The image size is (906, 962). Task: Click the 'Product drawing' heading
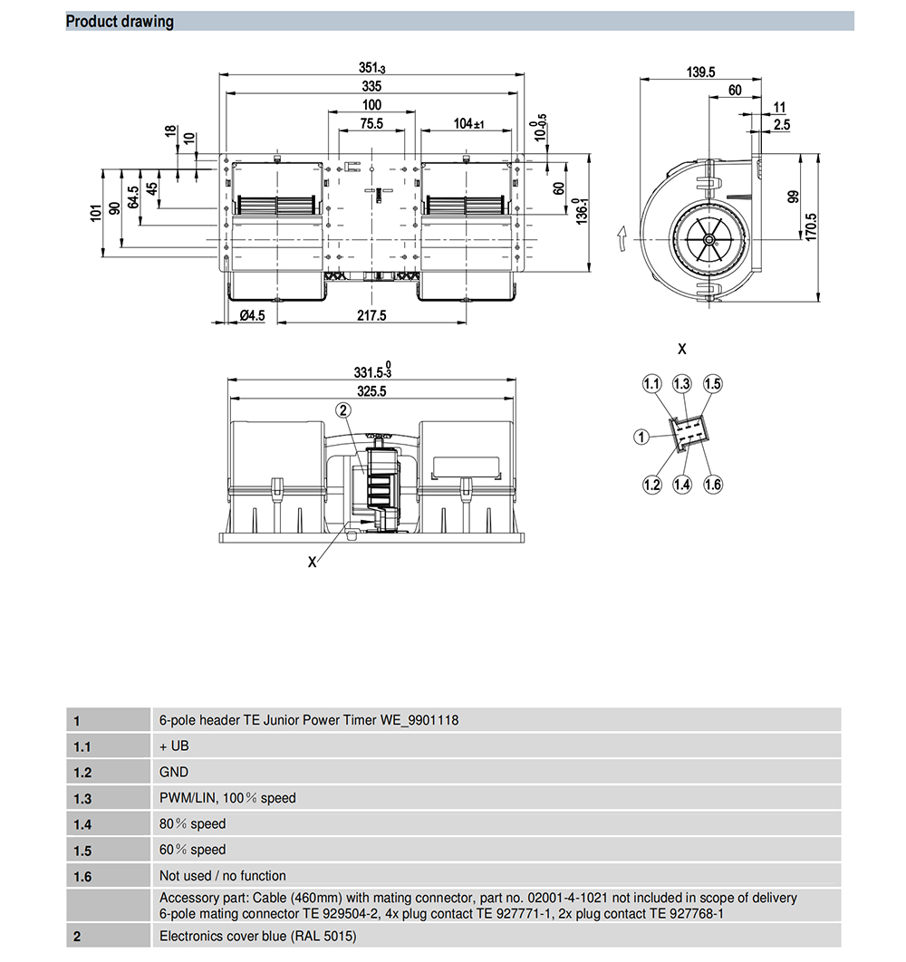click(x=120, y=21)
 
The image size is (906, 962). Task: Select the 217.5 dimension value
click(x=371, y=315)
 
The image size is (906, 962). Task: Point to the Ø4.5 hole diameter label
click(x=252, y=315)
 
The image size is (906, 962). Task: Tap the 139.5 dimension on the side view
click(x=700, y=72)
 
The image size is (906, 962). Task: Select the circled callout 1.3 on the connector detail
click(x=682, y=384)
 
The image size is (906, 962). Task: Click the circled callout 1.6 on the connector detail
click(x=713, y=485)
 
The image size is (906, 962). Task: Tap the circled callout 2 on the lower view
click(x=343, y=410)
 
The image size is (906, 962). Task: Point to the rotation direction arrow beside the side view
click(x=622, y=237)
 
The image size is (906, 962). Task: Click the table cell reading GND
click(x=174, y=772)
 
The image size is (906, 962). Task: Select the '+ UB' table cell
click(x=174, y=746)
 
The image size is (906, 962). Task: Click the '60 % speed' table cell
click(x=193, y=850)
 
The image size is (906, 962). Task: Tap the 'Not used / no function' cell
click(x=222, y=876)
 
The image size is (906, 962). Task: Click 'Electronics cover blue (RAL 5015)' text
click(x=257, y=936)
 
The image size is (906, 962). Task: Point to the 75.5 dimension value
click(x=371, y=123)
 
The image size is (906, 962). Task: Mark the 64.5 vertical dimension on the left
click(x=133, y=197)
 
